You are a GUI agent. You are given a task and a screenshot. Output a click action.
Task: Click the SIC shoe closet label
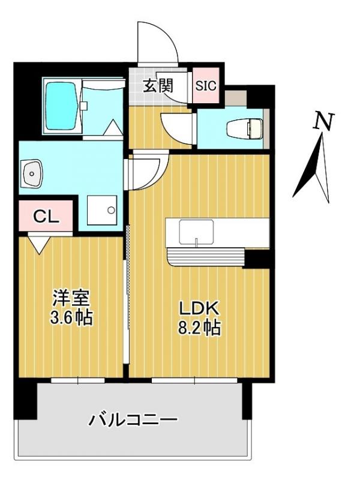point(206,86)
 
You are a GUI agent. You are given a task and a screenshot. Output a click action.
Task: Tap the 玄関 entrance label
point(158,85)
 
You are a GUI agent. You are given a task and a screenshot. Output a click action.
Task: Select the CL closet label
point(46,217)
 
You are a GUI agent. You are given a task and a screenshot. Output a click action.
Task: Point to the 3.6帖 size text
point(71,319)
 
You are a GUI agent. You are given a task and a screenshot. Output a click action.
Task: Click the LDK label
point(199,308)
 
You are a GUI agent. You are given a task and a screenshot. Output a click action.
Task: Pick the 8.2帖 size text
point(199,328)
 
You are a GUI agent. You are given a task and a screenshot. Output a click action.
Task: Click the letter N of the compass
point(324,122)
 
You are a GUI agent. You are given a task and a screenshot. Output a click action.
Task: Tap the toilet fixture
point(245,127)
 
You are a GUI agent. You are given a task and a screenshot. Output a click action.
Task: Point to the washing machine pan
point(102,211)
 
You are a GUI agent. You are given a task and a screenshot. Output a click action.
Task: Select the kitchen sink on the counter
point(196,232)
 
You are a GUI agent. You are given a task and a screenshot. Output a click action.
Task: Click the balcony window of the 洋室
point(78,380)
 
